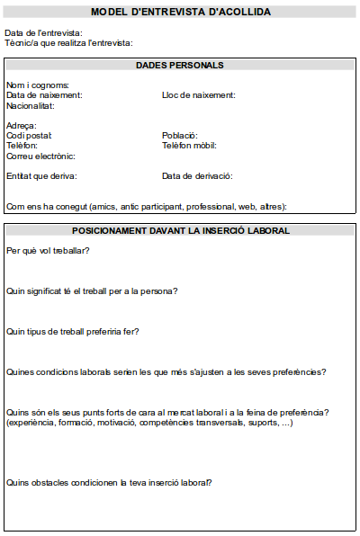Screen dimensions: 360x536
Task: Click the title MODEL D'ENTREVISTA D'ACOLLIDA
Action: coord(180,12)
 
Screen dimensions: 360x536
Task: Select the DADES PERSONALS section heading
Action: coord(180,65)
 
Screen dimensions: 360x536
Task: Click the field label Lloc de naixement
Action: coord(198,94)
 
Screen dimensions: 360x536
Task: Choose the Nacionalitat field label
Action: coord(30,105)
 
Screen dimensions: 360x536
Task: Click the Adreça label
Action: coord(21,125)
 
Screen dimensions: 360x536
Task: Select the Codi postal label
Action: coord(29,135)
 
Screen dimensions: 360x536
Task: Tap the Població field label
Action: coord(179,135)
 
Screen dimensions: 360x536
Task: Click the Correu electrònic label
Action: coord(40,156)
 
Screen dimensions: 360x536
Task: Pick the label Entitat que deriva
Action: coord(41,176)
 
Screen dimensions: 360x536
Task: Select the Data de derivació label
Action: coord(197,176)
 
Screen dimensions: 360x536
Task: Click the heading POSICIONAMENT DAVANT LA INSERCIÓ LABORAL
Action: coord(180,230)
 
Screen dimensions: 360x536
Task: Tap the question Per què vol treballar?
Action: coord(48,250)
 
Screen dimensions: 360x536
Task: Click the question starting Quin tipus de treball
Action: coord(72,331)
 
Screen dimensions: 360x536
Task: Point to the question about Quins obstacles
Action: coord(108,482)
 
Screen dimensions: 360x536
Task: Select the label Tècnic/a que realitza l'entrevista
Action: coord(68,43)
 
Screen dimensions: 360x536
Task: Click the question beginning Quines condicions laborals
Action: coord(166,371)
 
